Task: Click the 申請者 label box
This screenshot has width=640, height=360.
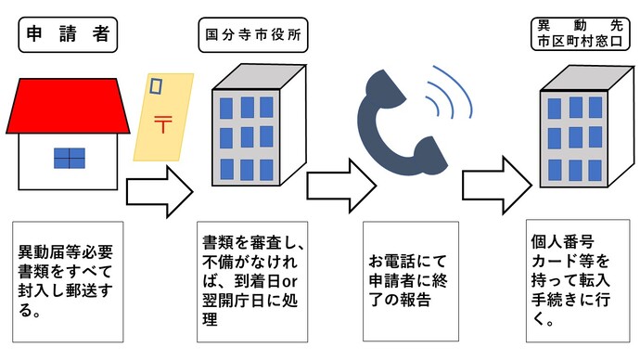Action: click(65, 35)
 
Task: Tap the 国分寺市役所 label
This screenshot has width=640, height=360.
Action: click(253, 37)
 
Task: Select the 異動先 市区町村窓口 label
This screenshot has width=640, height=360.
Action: click(578, 34)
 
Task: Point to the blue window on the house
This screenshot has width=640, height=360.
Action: click(70, 158)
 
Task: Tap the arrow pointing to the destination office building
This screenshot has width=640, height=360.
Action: click(497, 177)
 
